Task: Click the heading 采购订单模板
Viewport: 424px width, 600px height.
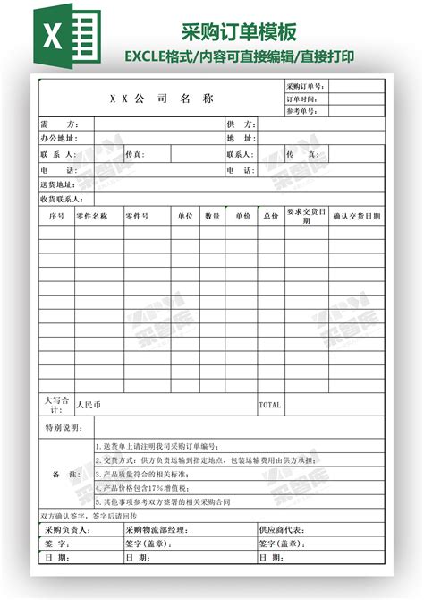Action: [239, 33]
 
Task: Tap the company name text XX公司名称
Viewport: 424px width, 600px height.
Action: [162, 98]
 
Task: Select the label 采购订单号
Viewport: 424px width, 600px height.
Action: [306, 86]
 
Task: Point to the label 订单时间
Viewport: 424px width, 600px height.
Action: [302, 99]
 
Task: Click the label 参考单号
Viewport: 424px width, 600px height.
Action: [302, 111]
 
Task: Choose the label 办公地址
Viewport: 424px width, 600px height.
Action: [59, 139]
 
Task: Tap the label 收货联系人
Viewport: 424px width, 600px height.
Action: [62, 199]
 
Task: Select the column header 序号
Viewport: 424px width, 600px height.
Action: [56, 216]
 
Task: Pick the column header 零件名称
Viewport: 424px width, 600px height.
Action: [91, 216]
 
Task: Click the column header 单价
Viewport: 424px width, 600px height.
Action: [242, 216]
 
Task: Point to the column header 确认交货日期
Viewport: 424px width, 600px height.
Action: [356, 216]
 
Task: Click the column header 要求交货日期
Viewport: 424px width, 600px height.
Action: [306, 216]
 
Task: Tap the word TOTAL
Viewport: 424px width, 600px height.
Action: [269, 405]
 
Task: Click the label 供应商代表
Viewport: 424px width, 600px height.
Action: [281, 530]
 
